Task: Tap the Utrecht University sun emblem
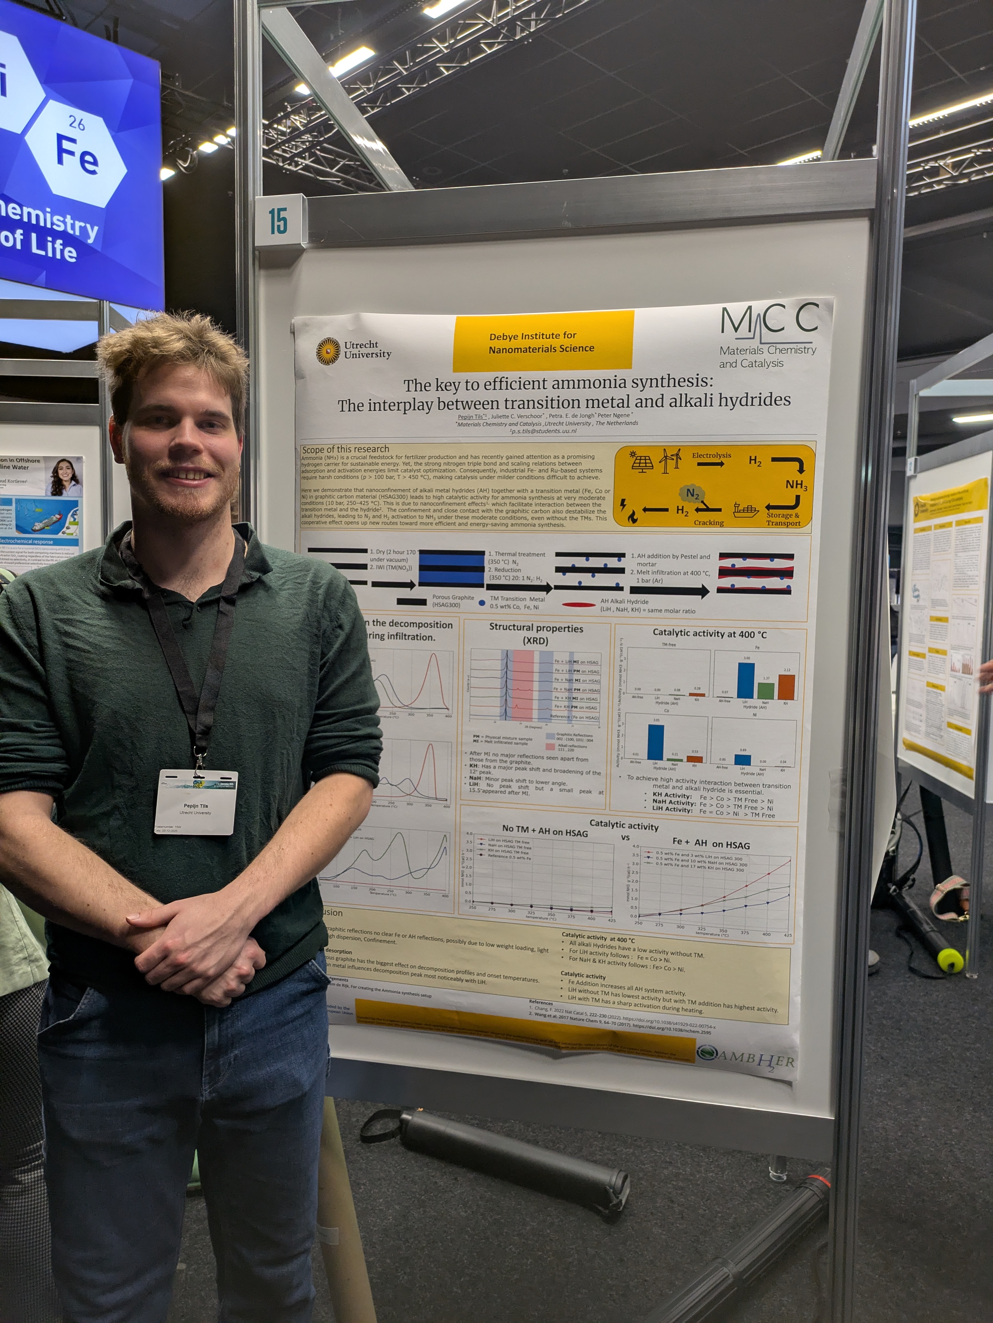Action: [x=327, y=350]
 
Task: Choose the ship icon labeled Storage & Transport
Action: [x=746, y=510]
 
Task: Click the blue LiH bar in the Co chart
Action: [x=656, y=742]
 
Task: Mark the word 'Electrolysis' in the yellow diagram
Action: [x=711, y=455]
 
